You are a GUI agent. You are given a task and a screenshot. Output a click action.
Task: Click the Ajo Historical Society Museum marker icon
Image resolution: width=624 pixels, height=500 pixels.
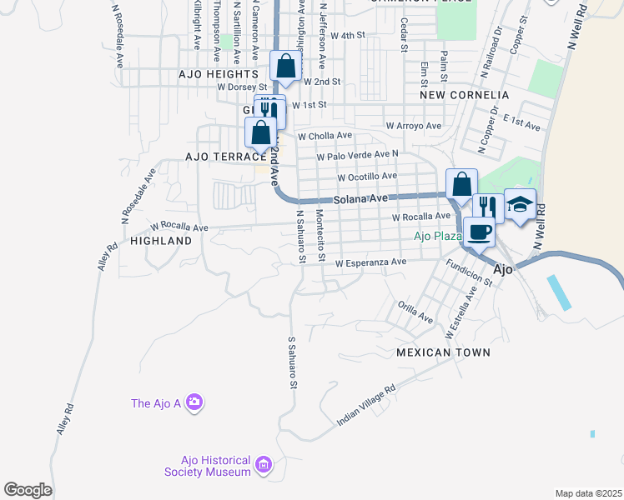263,463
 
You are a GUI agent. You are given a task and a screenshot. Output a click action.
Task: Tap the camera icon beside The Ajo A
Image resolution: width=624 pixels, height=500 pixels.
194,403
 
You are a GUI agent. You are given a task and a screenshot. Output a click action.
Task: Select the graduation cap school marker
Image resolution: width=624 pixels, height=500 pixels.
519,204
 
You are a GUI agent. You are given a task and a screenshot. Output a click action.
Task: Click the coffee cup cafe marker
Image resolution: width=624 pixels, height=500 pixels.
479,231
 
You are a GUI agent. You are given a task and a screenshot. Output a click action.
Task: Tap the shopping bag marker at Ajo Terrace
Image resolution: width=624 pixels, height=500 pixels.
261,132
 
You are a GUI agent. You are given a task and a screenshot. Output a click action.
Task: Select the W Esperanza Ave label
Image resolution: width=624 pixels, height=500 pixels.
370,262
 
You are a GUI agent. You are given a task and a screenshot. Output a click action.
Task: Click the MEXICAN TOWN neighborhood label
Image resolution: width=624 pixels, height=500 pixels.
443,352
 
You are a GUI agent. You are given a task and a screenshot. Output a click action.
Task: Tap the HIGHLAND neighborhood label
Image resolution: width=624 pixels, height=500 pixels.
161,240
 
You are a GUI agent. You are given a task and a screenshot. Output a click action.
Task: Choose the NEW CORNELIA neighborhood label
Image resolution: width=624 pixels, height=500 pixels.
464,95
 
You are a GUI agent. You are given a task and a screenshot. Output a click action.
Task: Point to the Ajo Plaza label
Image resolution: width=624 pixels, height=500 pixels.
438,236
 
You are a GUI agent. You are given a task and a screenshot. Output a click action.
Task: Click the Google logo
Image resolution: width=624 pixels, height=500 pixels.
28,490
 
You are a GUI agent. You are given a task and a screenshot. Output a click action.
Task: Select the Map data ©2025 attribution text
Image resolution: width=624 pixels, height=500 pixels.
588,493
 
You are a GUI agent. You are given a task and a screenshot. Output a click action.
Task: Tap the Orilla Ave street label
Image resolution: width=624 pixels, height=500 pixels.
415,312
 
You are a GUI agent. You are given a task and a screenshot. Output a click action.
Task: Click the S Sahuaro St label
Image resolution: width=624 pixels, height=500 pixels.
293,362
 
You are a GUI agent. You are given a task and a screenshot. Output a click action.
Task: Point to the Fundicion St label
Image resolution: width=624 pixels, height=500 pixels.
470,272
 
